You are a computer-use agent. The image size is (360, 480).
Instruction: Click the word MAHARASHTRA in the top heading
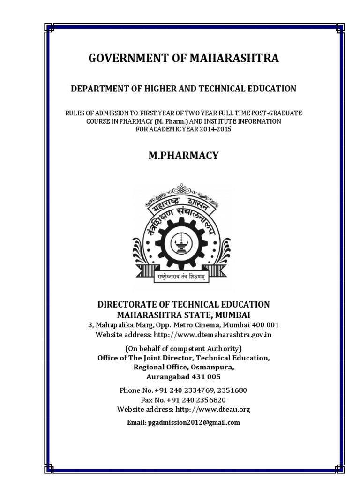(x=234, y=59)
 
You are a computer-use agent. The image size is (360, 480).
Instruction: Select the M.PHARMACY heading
(x=183, y=156)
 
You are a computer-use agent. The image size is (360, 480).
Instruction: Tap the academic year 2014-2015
(x=215, y=129)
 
